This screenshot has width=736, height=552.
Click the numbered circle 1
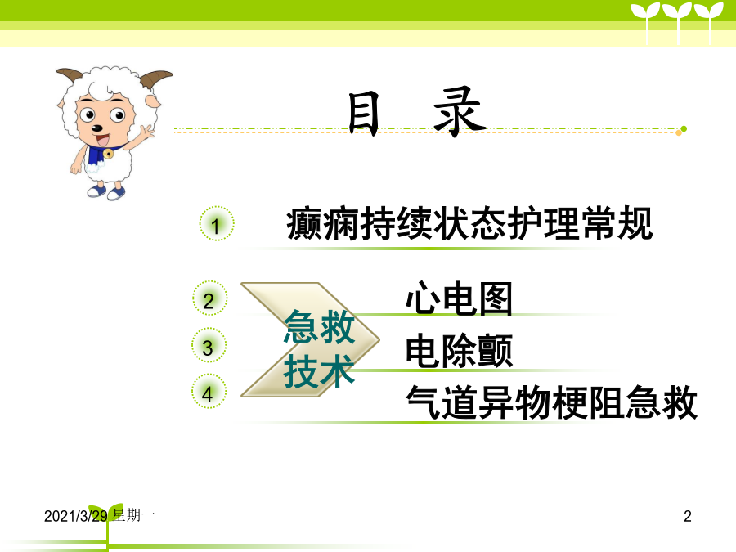pyautogui.click(x=217, y=223)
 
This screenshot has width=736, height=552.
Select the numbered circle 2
pyautogui.click(x=210, y=298)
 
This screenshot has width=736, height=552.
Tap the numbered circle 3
pyautogui.click(x=209, y=345)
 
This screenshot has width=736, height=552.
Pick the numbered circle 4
pyautogui.click(x=209, y=391)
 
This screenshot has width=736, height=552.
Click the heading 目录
pyautogui.click(x=417, y=112)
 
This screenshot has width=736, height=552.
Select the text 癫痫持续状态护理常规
pyautogui.click(x=469, y=223)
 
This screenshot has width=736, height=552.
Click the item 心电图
pyautogui.click(x=459, y=298)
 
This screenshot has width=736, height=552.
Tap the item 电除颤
pyautogui.click(x=459, y=350)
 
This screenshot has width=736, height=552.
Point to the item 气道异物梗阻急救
pyautogui.click(x=551, y=402)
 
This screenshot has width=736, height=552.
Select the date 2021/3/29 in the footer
pyautogui.click(x=75, y=516)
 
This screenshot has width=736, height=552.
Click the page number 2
pyautogui.click(x=688, y=516)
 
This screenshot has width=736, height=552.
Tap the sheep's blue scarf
pyautogui.click(x=99, y=154)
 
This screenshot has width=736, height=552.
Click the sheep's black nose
pyautogui.click(x=96, y=128)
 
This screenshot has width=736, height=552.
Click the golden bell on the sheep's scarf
pyautogui.click(x=109, y=154)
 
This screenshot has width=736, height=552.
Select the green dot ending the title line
pyautogui.click(x=684, y=128)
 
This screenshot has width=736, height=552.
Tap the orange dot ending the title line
pyautogui.click(x=679, y=132)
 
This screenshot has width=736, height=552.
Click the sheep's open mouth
pyautogui.click(x=102, y=139)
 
